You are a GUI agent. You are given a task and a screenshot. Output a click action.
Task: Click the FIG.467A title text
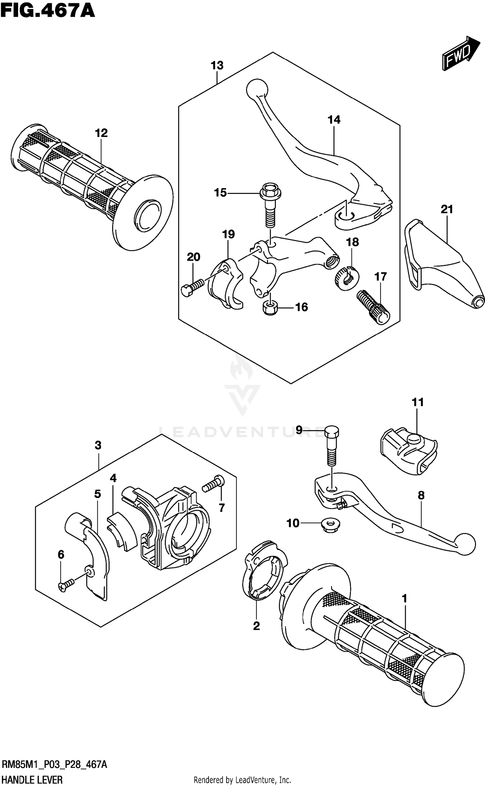point(48,10)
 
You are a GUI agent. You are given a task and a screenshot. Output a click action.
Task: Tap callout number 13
point(217,66)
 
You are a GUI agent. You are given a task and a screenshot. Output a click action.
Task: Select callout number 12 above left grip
point(101,133)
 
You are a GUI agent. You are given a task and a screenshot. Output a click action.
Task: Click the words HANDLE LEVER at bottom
point(32,779)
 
